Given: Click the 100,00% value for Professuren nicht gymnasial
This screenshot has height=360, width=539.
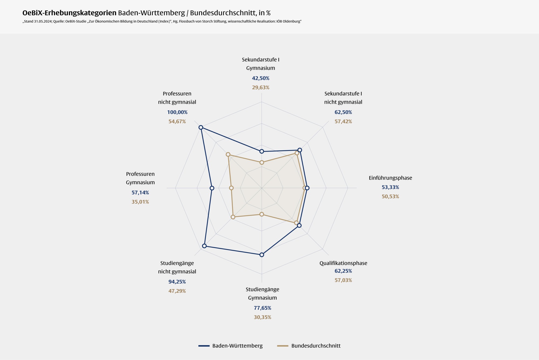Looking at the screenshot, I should [177, 112].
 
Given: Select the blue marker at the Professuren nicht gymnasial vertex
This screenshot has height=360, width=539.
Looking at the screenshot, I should [201, 127].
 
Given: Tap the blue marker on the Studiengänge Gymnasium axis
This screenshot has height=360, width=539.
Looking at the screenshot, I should [261, 255].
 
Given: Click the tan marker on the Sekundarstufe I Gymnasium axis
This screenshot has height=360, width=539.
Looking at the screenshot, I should [261, 163].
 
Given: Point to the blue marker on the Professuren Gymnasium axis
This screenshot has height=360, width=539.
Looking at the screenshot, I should [212, 188].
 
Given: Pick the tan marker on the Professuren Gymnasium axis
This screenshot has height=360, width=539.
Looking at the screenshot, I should [231, 188].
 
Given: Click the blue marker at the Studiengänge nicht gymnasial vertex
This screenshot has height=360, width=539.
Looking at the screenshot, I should [204, 246].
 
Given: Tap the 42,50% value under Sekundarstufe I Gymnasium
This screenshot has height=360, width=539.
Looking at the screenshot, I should [261, 78].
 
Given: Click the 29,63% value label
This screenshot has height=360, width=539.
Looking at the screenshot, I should [261, 88].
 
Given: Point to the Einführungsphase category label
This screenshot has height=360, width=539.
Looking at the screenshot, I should [390, 178].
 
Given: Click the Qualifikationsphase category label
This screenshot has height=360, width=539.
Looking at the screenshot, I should [343, 263].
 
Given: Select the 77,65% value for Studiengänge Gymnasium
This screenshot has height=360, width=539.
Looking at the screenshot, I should [262, 308].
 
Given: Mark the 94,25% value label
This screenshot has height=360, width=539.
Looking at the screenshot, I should [177, 282].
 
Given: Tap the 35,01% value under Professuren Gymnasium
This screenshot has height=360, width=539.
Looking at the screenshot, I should [140, 202].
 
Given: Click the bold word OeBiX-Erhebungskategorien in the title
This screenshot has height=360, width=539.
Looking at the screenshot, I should [69, 13].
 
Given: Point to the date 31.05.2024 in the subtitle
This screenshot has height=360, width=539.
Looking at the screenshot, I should [43, 21].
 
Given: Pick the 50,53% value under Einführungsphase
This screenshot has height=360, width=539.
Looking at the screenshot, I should [390, 196].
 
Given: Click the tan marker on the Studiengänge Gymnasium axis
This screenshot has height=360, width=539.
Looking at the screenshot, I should [261, 214].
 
